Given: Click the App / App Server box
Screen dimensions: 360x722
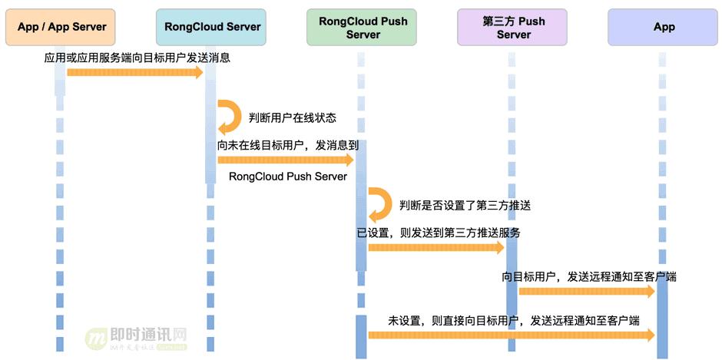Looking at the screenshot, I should click(61, 28).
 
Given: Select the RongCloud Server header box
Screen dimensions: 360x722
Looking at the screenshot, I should click(213, 28).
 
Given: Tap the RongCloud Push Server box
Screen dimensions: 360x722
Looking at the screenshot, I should click(363, 28).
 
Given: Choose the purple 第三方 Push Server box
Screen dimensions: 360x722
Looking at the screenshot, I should click(513, 28).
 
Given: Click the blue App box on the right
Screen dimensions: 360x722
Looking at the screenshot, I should click(664, 28).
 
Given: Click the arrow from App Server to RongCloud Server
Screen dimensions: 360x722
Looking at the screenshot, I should click(135, 72).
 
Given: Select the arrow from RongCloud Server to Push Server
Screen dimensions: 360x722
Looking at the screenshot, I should click(285, 160).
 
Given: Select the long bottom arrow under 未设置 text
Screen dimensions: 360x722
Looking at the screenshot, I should click(511, 335).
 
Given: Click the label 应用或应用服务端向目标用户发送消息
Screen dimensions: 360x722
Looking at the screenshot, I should click(137, 58).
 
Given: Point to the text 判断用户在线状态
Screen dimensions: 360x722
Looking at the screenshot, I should click(293, 118).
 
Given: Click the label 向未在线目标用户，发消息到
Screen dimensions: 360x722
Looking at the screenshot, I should click(283, 144).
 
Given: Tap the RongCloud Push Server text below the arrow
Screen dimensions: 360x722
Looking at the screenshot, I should click(288, 177).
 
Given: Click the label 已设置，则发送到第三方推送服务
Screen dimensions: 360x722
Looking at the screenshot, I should click(438, 233).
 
